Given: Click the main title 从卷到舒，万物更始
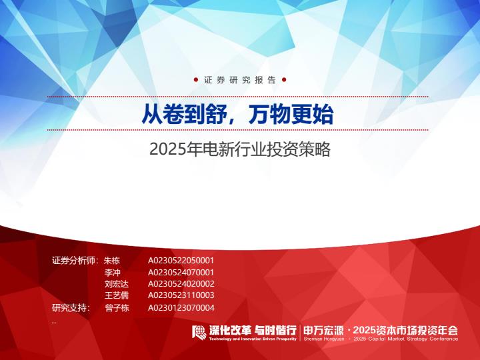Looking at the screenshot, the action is coord(237,115).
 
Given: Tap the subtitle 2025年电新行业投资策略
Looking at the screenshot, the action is coord(240,149).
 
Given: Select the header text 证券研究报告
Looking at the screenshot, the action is coord(240,80).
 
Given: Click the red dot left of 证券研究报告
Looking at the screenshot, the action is coord(196,80).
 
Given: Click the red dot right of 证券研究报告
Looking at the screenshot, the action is coord(284,80).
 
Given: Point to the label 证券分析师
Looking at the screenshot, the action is coord(73,261).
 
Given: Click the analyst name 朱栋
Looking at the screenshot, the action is coord(112,261).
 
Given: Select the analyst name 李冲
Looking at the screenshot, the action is coord(113,273).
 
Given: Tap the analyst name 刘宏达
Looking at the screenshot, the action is coord(117,284).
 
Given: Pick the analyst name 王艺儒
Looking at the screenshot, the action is coord(117,295).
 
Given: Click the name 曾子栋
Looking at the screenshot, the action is coord(117,307).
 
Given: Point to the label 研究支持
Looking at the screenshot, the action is coord(69,307).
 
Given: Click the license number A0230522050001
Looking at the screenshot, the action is coord(181,261).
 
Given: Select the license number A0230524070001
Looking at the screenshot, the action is coord(181,273).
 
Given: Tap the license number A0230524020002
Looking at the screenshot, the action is coord(181,284).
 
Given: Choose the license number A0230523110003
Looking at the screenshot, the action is coord(181,295).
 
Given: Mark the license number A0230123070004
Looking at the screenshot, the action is coord(181,307).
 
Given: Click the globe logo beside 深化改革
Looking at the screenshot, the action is coord(199,332).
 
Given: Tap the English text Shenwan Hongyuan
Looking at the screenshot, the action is coord(324,339).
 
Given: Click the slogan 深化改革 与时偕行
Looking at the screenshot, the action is coord(253,331).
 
